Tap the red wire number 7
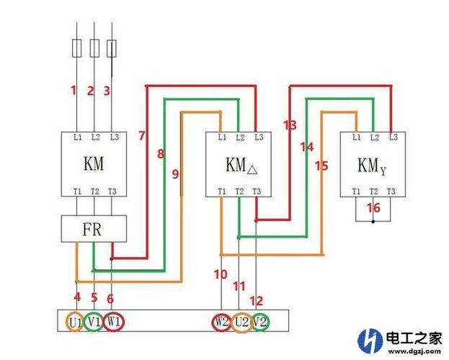tap(141, 135)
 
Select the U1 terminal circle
tap(76, 321)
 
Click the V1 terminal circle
tap(94, 321)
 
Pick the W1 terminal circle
tap(114, 321)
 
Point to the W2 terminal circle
tap(221, 321)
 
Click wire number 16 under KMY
tap(373, 207)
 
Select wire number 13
tap(290, 125)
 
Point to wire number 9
tap(175, 174)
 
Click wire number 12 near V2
tap(257, 300)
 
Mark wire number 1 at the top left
tap(73, 90)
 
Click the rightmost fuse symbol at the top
tap(112, 48)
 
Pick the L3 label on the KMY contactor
tap(393, 137)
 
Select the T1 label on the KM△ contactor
tap(222, 192)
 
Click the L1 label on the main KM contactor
tap(77, 137)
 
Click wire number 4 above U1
tap(77, 297)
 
